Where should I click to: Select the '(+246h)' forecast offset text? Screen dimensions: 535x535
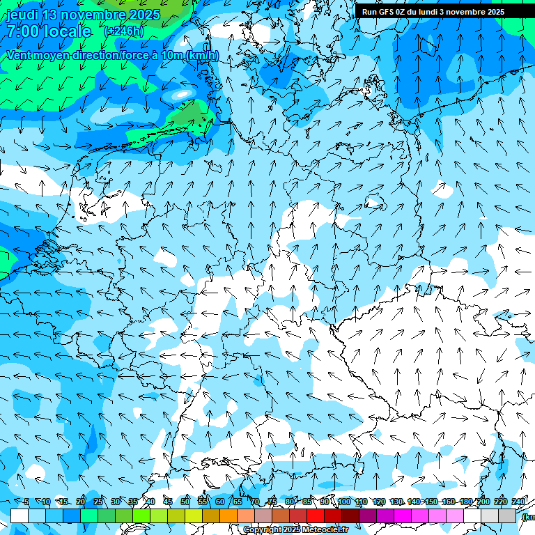[x=123, y=31]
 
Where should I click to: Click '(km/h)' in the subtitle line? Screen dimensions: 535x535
[x=202, y=55]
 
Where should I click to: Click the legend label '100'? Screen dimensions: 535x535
[x=343, y=502]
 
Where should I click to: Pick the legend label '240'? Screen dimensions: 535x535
[x=518, y=502]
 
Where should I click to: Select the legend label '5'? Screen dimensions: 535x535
[x=26, y=502]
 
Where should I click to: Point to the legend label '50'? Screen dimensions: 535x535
[x=185, y=502]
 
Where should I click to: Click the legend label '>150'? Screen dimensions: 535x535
[x=431, y=502]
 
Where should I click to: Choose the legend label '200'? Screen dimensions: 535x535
[x=483, y=502]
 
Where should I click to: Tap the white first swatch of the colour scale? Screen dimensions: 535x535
[x=20, y=515]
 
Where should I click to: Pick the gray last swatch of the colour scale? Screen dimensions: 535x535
[x=507, y=515]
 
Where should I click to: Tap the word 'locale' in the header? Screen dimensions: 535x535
[x=68, y=31]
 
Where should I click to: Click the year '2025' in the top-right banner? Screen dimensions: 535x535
[x=495, y=12]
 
